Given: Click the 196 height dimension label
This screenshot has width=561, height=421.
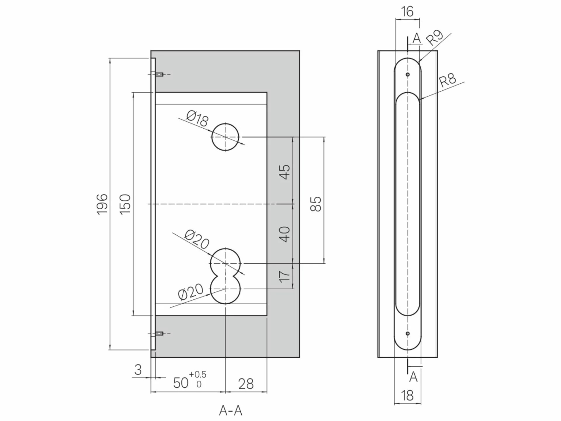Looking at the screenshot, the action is (102, 204).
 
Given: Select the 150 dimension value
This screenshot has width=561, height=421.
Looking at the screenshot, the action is (125, 204).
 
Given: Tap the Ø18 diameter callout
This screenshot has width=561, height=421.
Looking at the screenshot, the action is (198, 118).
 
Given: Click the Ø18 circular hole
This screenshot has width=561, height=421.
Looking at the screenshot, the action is (225, 137).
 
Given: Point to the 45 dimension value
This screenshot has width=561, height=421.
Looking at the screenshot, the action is (285, 172).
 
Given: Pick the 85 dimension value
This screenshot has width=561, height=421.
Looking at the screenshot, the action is (316, 204).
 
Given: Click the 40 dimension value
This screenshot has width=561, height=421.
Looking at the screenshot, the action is (285, 234).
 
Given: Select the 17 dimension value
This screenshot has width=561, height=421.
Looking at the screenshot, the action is (285, 277).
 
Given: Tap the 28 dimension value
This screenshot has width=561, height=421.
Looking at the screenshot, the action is (246, 384).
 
